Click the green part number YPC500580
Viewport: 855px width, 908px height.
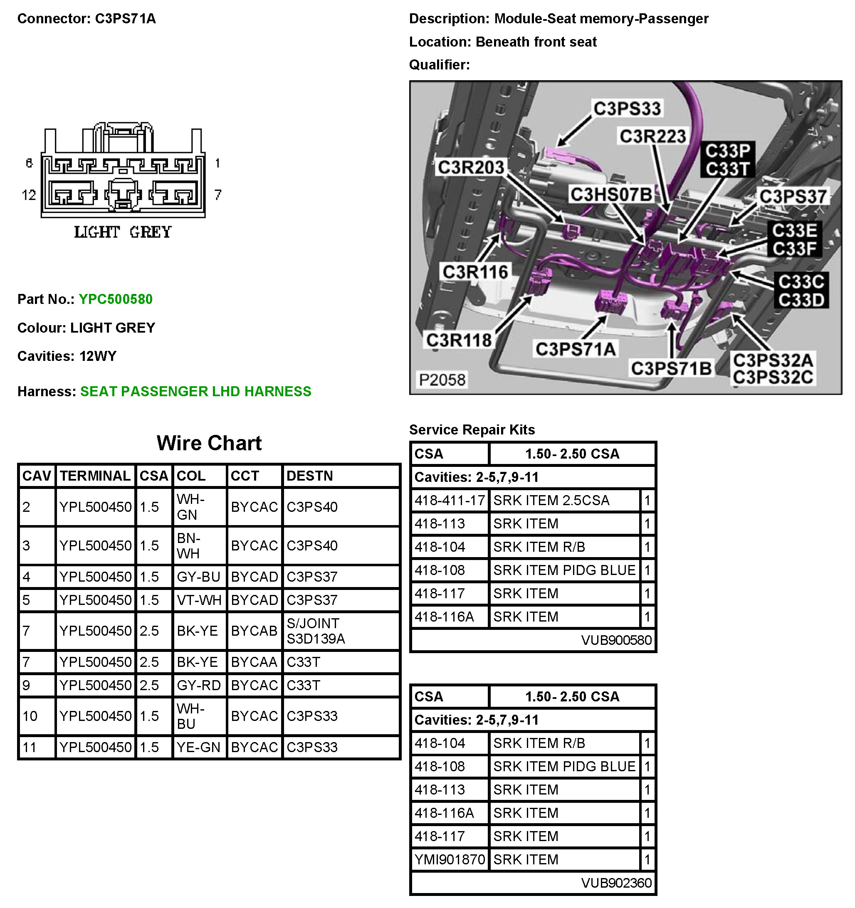pyautogui.click(x=116, y=299)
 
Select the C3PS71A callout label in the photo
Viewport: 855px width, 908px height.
pyautogui.click(x=575, y=349)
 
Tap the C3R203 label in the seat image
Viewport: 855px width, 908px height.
pyautogui.click(x=471, y=168)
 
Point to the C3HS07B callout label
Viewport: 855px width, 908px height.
pyautogui.click(x=611, y=195)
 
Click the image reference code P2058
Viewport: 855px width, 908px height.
pyautogui.click(x=442, y=380)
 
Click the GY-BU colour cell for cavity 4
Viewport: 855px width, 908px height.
pyautogui.click(x=199, y=577)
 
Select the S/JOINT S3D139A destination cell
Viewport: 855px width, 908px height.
pyautogui.click(x=315, y=631)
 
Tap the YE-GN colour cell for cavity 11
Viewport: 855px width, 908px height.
pyautogui.click(x=199, y=747)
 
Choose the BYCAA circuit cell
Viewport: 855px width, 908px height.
pyautogui.click(x=254, y=662)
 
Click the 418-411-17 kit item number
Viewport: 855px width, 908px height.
pyautogui.click(x=450, y=501)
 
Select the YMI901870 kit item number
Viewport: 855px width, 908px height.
pyautogui.click(x=450, y=860)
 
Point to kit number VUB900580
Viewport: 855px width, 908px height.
pyautogui.click(x=616, y=640)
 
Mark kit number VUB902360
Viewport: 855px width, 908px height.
pyautogui.click(x=616, y=883)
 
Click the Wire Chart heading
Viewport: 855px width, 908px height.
pyautogui.click(x=209, y=443)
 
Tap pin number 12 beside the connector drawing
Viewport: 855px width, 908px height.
pyautogui.click(x=29, y=195)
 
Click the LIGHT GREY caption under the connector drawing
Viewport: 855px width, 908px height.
pyautogui.click(x=122, y=232)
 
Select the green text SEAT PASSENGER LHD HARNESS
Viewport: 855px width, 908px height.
pyautogui.click(x=195, y=391)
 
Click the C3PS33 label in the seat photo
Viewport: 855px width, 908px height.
pyautogui.click(x=627, y=109)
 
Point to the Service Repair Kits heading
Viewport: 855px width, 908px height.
pyautogui.click(x=472, y=430)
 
